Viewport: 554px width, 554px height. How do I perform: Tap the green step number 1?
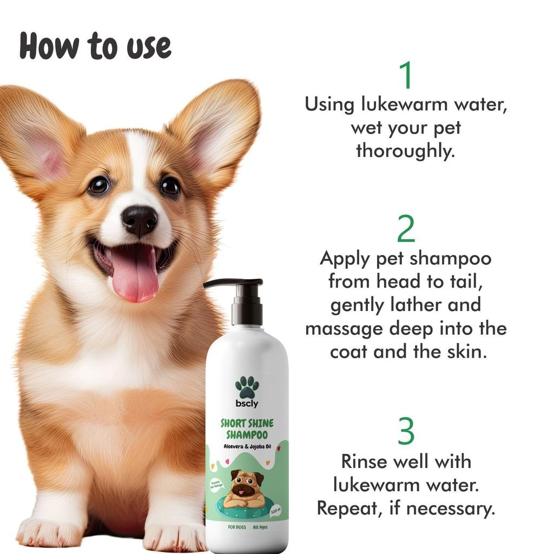click(406, 76)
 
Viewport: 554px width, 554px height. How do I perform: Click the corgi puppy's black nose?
click(139, 219)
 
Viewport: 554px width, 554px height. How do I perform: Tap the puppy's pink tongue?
click(135, 276)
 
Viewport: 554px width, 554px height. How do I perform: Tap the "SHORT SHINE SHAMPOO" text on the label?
click(247, 430)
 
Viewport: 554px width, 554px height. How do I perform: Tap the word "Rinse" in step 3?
click(368, 461)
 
